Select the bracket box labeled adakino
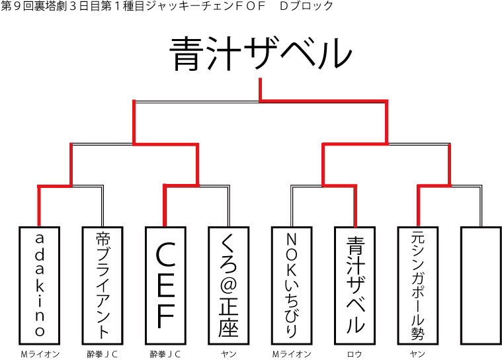click(40, 285)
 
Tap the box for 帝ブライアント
click(103, 285)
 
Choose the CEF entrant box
click(165, 285)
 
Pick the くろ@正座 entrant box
click(228, 285)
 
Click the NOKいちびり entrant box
click(292, 285)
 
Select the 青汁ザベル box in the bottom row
click(355, 285)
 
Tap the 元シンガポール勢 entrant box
click(417, 285)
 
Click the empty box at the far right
click(480, 285)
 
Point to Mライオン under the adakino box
click(40, 353)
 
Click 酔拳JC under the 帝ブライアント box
click(103, 353)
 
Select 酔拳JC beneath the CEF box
click(165, 353)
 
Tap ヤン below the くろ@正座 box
click(228, 353)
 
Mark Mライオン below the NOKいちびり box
click(292, 353)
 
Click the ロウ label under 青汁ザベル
click(355, 353)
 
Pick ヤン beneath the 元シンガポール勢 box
click(417, 353)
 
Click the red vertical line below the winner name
click(260, 89)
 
